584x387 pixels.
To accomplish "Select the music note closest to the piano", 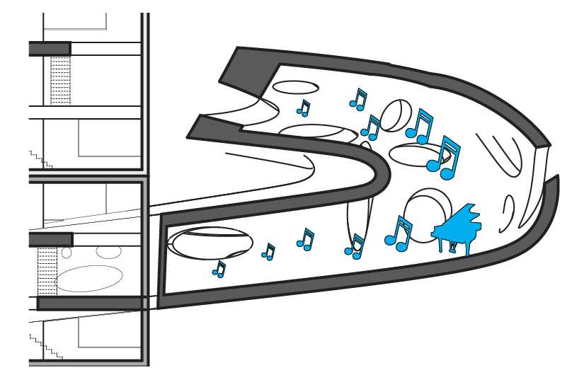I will pyautogui.click(x=399, y=233).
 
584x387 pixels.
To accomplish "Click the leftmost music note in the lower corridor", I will pyautogui.click(x=219, y=269).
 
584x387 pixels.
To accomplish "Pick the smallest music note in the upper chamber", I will pyautogui.click(x=304, y=108).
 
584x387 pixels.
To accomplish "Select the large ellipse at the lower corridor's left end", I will pyautogui.click(x=211, y=243).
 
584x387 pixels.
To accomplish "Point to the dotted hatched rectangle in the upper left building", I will pyautogui.click(x=61, y=80).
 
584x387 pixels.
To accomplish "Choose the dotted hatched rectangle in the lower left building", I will pyautogui.click(x=47, y=270).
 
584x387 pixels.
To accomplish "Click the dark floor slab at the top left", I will pyautogui.click(x=50, y=49).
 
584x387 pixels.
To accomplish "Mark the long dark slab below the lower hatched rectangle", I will pyautogui.click(x=92, y=304).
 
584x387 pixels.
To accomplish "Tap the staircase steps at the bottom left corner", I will pyautogui.click(x=47, y=347).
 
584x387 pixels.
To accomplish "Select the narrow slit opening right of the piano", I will pyautogui.click(x=508, y=213).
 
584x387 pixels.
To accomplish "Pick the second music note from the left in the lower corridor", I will pyautogui.click(x=268, y=251).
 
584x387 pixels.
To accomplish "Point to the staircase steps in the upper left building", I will pyautogui.click(x=40, y=158).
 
